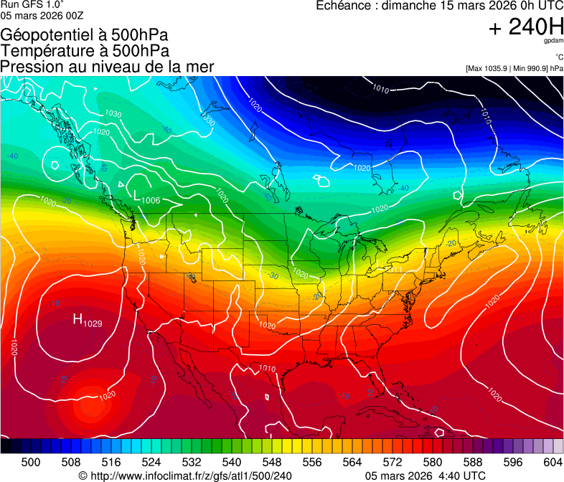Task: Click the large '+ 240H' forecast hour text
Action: pyautogui.click(x=526, y=27)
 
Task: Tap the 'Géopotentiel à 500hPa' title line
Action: pyautogui.click(x=84, y=34)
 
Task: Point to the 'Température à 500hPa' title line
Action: pyautogui.click(x=85, y=50)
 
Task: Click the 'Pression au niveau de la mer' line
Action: pyautogui.click(x=107, y=67)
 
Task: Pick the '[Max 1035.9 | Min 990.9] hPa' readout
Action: pyautogui.click(x=514, y=68)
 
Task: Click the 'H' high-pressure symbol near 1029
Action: pyautogui.click(x=77, y=319)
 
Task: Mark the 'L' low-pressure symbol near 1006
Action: pyautogui.click(x=137, y=194)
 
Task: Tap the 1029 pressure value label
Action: pyautogui.click(x=93, y=324)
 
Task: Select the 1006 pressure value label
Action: pyautogui.click(x=151, y=200)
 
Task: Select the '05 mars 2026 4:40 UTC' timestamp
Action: pyautogui.click(x=425, y=476)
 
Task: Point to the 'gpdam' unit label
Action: pyautogui.click(x=553, y=41)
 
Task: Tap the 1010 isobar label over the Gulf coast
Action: pyautogui.click(x=267, y=369)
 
